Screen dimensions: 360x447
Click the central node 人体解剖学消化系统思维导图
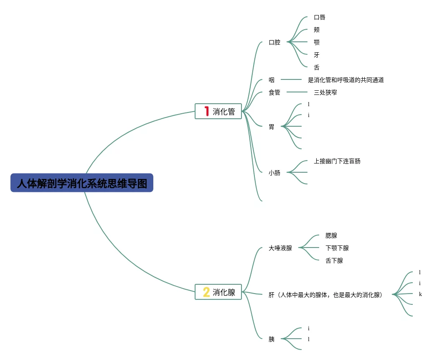pyautogui.click(x=82, y=183)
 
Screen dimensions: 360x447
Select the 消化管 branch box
pyautogui.click(x=218, y=111)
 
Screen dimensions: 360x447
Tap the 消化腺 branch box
pyautogui.click(x=218, y=292)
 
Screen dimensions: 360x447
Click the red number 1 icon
pyautogui.click(x=206, y=111)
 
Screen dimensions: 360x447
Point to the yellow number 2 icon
pyautogui.click(x=206, y=292)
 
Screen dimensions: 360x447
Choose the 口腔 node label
pyautogui.click(x=274, y=42)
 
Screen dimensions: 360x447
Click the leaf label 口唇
pyautogui.click(x=320, y=17)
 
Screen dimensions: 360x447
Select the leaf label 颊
pyautogui.click(x=317, y=30)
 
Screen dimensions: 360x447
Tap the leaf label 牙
pyautogui.click(x=317, y=55)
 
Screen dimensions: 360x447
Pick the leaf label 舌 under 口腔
pyautogui.click(x=317, y=67)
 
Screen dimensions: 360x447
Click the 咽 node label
pyautogui.click(x=272, y=80)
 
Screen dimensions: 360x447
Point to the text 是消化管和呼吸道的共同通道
pyautogui.click(x=345, y=80)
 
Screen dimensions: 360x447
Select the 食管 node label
pyautogui.click(x=274, y=92)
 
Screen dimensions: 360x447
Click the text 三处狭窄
pyautogui.click(x=325, y=92)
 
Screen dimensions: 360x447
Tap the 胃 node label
pyautogui.click(x=272, y=127)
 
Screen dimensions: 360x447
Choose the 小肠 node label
pyautogui.click(x=274, y=172)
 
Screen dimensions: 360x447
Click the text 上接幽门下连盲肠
pyautogui.click(x=337, y=161)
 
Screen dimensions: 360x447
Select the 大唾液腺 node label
pyautogui.click(x=280, y=248)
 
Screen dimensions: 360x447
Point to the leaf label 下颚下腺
pyautogui.click(x=337, y=248)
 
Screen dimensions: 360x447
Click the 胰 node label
pyautogui.click(x=272, y=339)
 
